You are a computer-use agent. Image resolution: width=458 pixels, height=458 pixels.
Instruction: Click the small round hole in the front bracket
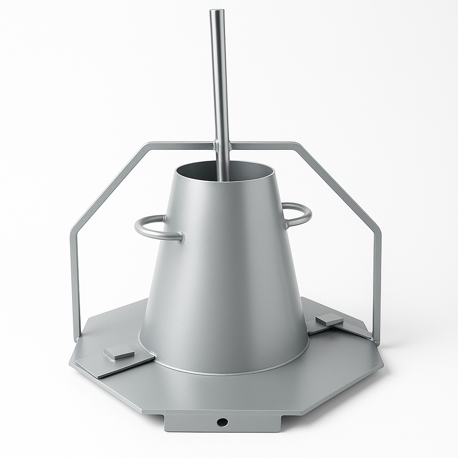click(222, 422)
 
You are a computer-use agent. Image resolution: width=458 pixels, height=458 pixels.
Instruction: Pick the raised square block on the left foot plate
click(119, 353)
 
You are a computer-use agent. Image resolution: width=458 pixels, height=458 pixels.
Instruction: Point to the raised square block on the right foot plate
click(329, 319)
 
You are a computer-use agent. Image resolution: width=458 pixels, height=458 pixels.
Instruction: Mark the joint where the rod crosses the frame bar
click(222, 145)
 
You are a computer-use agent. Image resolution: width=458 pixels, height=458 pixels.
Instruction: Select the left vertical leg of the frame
click(75, 286)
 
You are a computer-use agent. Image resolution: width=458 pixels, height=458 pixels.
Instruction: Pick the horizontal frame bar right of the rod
click(264, 145)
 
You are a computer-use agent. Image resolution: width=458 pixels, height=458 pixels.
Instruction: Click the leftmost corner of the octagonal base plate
click(70, 363)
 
